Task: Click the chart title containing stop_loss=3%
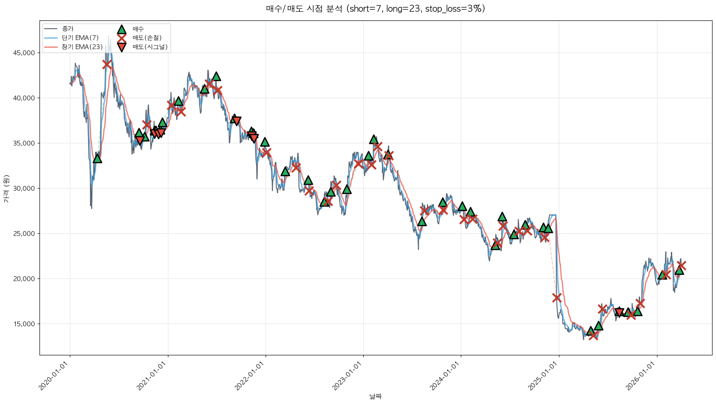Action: pyautogui.click(x=375, y=9)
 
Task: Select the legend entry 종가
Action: pyautogui.click(x=68, y=29)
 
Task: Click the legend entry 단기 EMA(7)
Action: pyautogui.click(x=80, y=38)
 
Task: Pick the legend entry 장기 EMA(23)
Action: pyautogui.click(x=82, y=47)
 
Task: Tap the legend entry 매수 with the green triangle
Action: pyautogui.click(x=138, y=29)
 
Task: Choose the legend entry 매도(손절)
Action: pyautogui.click(x=147, y=38)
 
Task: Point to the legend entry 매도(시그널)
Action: pyautogui.click(x=150, y=47)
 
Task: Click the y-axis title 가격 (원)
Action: pyautogui.click(x=6, y=189)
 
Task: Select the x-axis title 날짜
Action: pyautogui.click(x=375, y=396)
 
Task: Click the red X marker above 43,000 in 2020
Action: pyautogui.click(x=107, y=64)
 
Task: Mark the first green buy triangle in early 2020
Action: pyautogui.click(x=97, y=159)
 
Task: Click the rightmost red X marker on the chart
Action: pyautogui.click(x=681, y=265)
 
